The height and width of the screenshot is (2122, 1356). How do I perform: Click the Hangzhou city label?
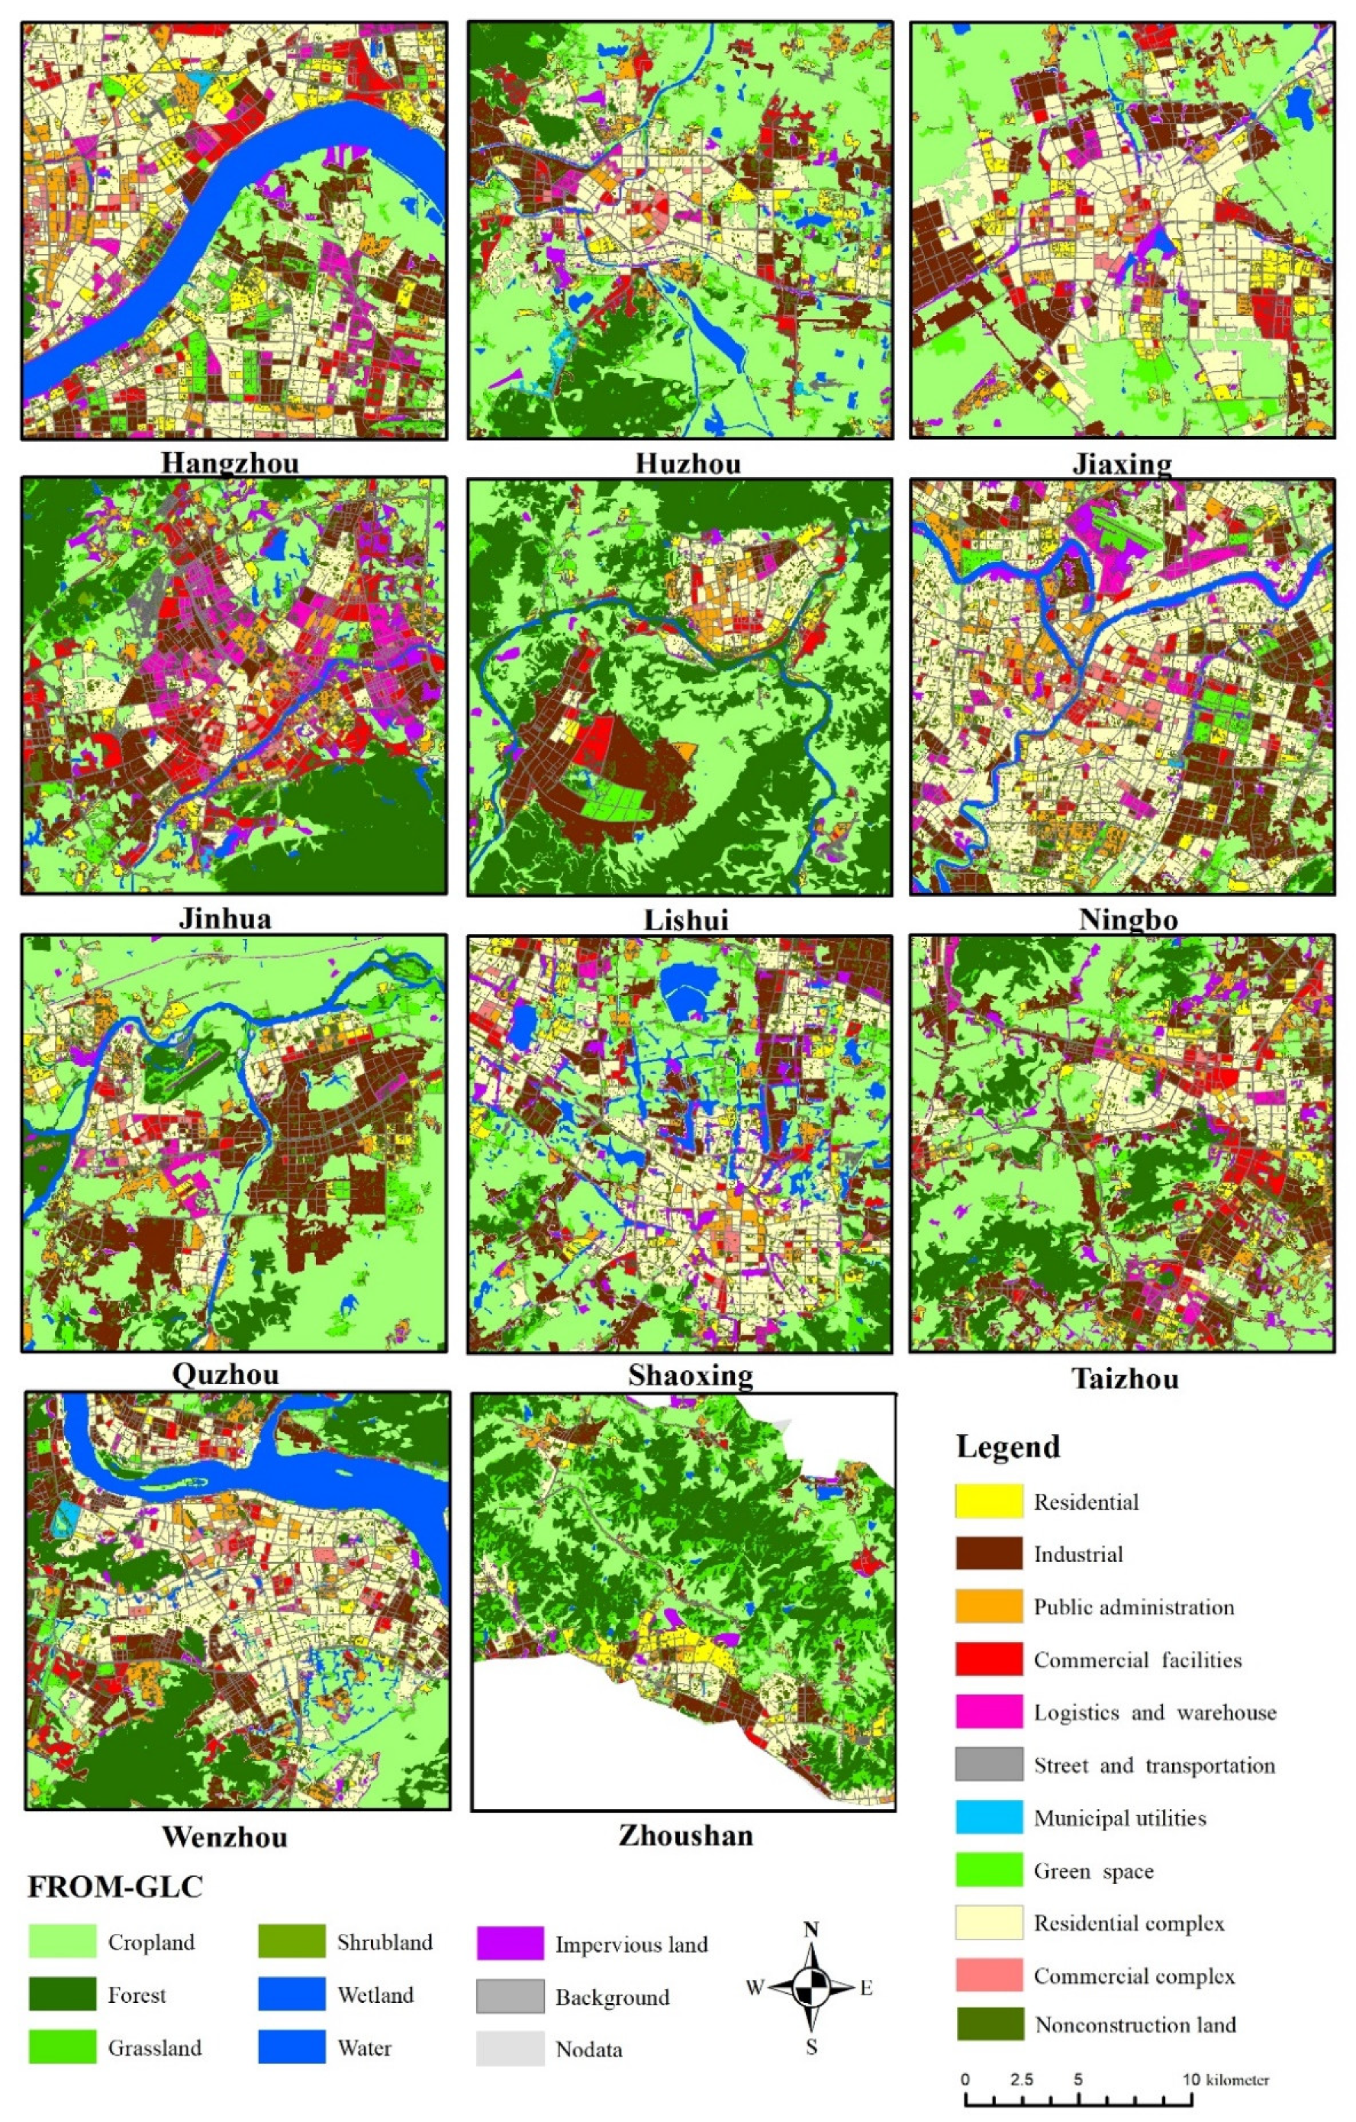pyautogui.click(x=230, y=463)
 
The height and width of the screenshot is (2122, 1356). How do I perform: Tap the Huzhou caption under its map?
pyautogui.click(x=688, y=463)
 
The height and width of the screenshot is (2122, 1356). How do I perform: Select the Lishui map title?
pyautogui.click(x=686, y=920)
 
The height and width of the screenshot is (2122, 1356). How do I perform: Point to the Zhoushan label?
pyautogui.click(x=685, y=1836)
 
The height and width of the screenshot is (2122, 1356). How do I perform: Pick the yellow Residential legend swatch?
pyautogui.click(x=989, y=1501)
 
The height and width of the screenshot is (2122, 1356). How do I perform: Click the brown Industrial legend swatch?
pyautogui.click(x=989, y=1553)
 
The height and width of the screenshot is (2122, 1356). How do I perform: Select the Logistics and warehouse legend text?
pyautogui.click(x=1155, y=1712)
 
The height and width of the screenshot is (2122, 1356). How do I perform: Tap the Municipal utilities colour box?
pyautogui.click(x=989, y=1818)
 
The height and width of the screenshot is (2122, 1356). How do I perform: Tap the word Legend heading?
pyautogui.click(x=1008, y=1447)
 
